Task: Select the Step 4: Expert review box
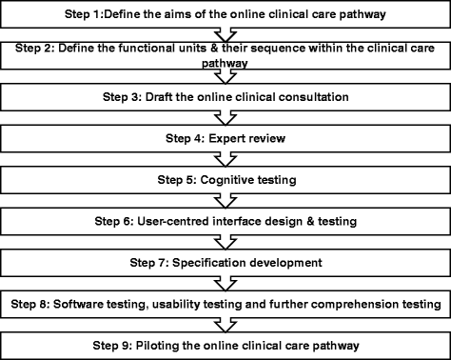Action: [225, 137]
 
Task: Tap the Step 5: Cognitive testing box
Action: [225, 178]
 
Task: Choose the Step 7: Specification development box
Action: [225, 260]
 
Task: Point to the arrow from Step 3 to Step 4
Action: [226, 118]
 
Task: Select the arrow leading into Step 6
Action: [226, 199]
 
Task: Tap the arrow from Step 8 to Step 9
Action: [226, 322]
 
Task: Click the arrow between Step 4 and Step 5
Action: [226, 158]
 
